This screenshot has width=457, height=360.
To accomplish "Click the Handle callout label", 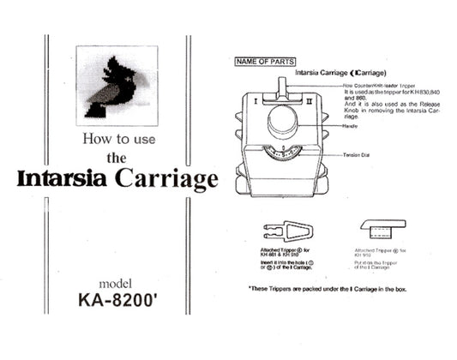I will [x=349, y=126].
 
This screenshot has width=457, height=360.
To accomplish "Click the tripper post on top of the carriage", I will [x=282, y=87].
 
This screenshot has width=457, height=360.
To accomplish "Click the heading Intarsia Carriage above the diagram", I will [x=343, y=74].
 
